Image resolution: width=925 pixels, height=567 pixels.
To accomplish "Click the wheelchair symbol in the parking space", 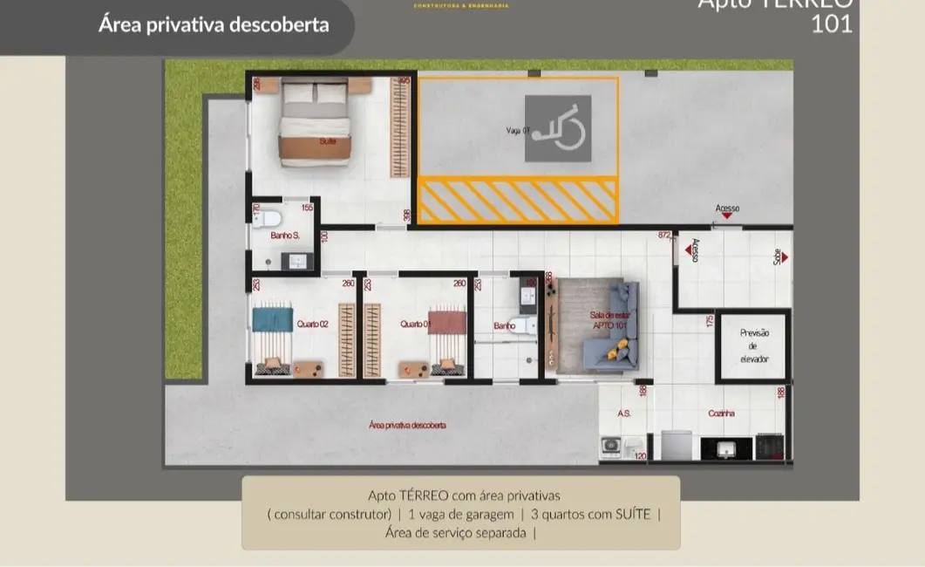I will point(558,128).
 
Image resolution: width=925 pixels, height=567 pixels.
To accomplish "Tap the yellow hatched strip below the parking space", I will point(518,201).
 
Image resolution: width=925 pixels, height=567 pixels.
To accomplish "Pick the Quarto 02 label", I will point(311,324).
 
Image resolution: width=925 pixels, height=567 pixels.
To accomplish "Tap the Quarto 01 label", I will point(416,324).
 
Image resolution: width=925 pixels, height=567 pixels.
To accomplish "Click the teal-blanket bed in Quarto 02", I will point(273,337).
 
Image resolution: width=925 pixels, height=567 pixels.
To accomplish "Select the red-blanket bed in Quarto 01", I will point(447,337).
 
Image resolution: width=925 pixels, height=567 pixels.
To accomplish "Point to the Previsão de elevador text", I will point(754,346).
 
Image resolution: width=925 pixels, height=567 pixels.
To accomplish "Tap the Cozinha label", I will point(721,413).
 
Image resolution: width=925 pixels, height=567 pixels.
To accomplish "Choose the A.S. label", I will point(624,413).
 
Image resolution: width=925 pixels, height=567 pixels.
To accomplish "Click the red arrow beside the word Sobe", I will point(785,257).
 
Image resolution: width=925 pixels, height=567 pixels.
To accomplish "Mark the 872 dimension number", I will point(664,235).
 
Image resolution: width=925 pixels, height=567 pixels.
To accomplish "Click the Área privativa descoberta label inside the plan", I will point(407,425).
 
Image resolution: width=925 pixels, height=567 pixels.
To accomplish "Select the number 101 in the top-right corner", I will point(832,24).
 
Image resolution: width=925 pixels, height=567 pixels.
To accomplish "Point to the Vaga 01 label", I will point(518,131).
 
